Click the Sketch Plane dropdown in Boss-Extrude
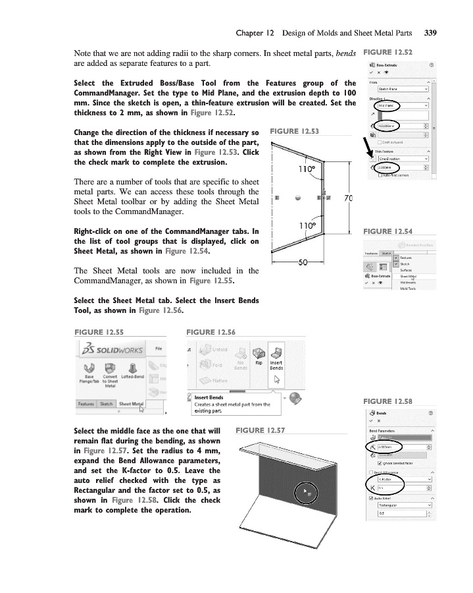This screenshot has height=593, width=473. [x=403, y=88]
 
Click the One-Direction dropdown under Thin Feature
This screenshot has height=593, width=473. [x=403, y=158]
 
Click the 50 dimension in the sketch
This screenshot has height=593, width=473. [x=302, y=262]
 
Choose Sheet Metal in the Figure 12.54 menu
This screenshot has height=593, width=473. [x=409, y=277]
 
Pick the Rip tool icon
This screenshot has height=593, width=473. [x=259, y=353]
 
